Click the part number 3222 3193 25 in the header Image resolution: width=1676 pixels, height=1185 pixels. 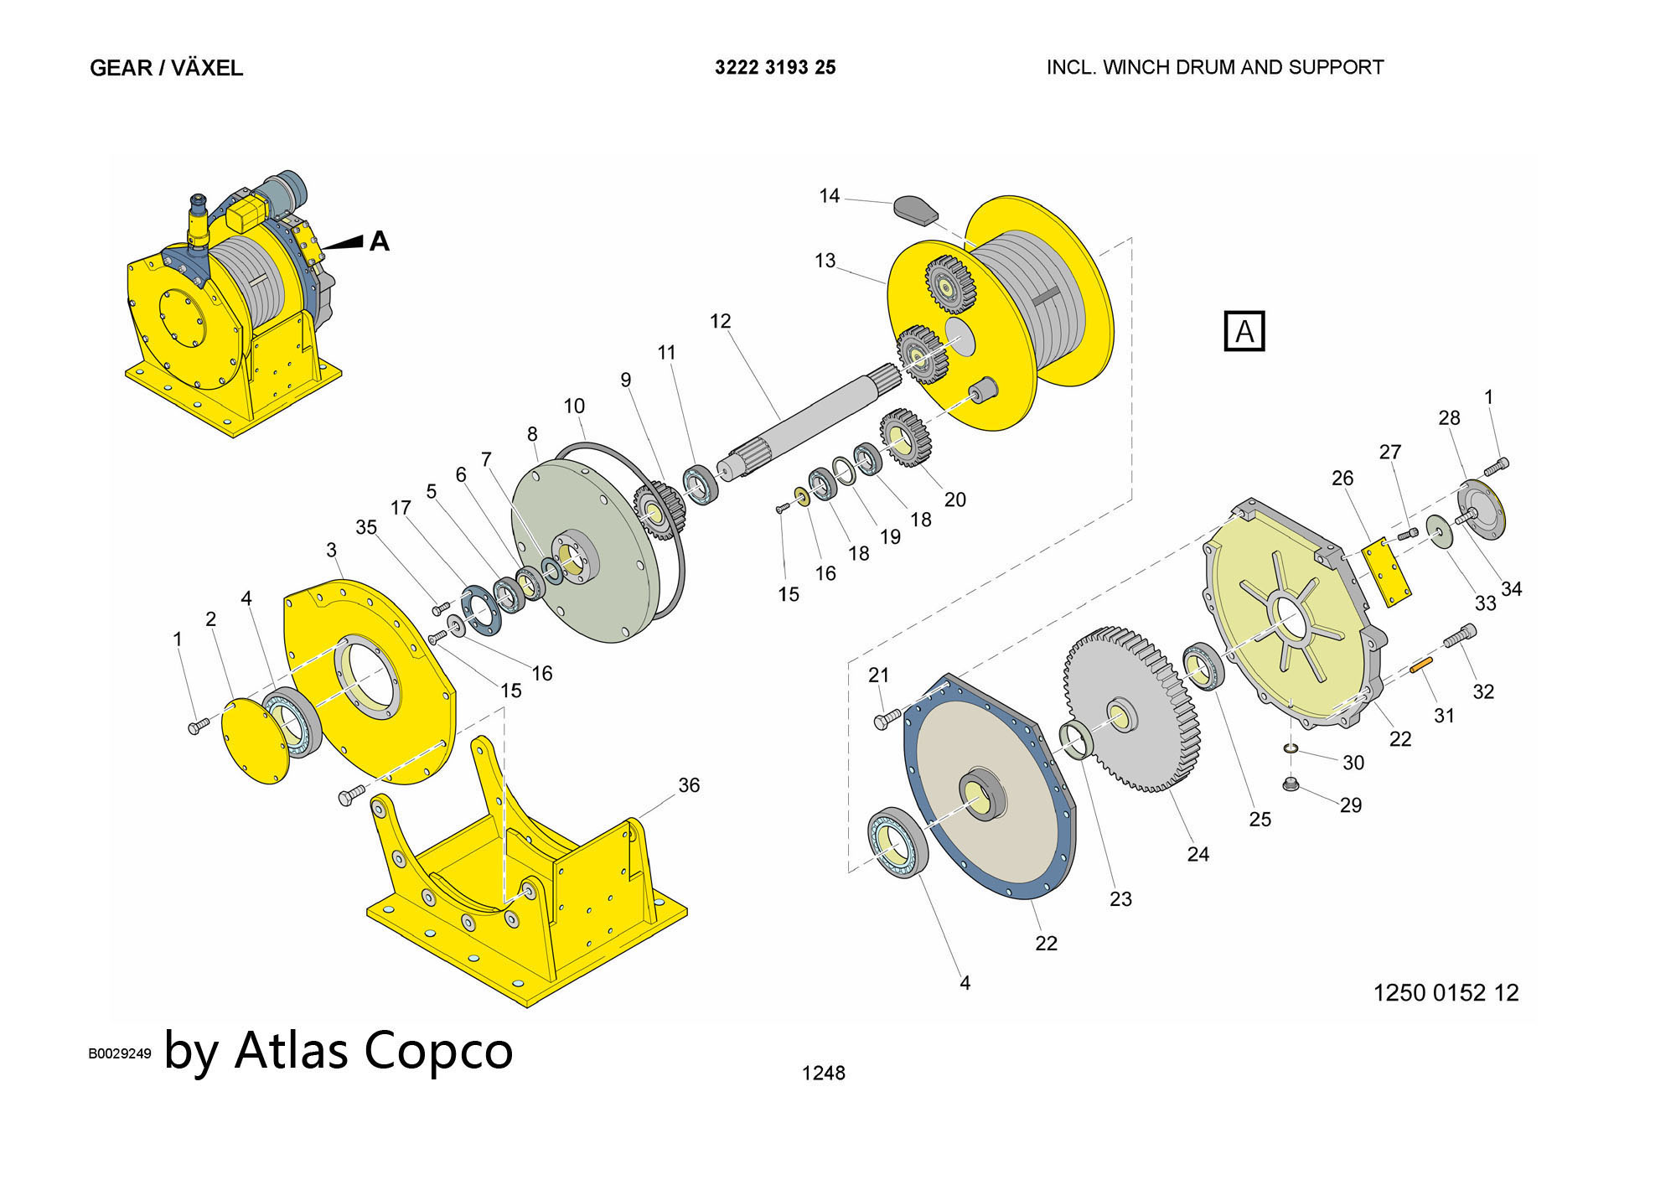775,68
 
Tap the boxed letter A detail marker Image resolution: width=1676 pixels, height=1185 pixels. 1244,331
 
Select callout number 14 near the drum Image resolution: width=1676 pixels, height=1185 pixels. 829,196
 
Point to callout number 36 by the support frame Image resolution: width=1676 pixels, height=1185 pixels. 689,785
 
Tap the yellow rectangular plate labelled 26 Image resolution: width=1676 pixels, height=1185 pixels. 1387,573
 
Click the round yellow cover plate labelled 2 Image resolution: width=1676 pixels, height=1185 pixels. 255,741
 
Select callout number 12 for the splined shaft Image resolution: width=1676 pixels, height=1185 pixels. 720,321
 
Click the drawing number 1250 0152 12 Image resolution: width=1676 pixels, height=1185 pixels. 1446,993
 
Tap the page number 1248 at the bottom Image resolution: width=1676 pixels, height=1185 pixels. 823,1073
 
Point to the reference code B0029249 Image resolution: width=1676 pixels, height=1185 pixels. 120,1053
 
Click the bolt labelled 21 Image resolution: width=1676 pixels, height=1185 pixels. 886,718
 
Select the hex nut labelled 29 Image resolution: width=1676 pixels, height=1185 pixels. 1291,784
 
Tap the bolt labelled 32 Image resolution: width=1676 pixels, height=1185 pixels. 1459,636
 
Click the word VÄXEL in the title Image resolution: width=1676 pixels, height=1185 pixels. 207,68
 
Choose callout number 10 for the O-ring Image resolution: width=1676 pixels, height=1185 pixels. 574,406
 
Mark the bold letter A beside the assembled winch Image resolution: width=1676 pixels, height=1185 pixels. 380,241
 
